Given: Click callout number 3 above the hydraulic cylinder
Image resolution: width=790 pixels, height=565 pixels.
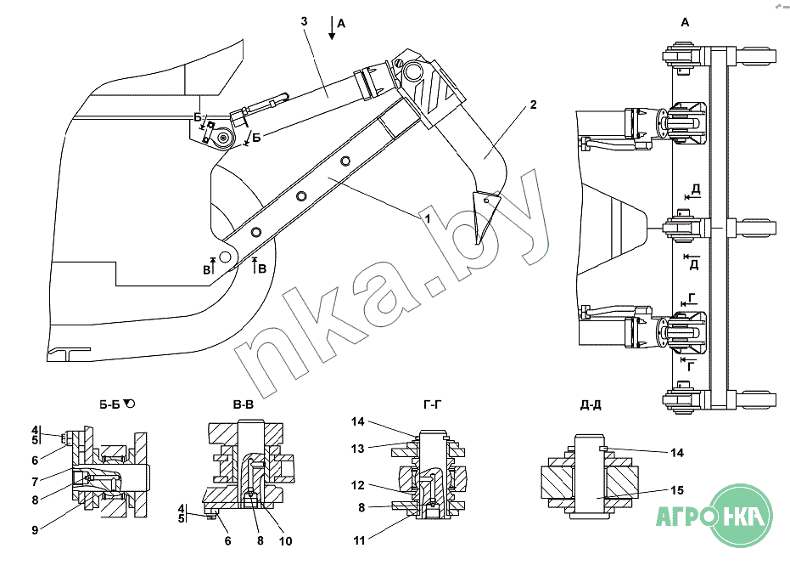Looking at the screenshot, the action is [x=304, y=21].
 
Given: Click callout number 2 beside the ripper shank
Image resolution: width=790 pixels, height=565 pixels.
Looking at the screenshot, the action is [x=534, y=105].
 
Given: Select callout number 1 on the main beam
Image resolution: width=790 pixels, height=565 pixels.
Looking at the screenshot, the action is [x=428, y=218].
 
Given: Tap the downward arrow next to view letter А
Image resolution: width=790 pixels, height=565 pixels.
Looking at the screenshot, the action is [x=332, y=28].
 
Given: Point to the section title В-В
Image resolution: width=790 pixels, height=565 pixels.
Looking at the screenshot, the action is [x=244, y=404].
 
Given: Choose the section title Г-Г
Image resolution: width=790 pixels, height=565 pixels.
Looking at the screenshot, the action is [x=432, y=404].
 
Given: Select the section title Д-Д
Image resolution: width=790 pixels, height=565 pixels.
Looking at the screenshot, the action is [x=591, y=404].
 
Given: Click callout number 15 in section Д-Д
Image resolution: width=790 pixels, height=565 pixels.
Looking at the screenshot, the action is [x=677, y=490].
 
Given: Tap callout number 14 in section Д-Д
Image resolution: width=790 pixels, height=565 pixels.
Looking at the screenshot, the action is [x=677, y=453].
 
